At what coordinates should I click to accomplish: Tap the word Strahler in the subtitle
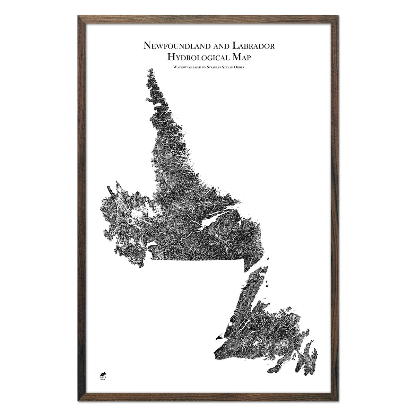click(215, 67)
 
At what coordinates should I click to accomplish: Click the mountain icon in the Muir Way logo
click(103, 373)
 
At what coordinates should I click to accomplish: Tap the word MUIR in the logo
click(103, 377)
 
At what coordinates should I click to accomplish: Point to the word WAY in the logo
click(103, 380)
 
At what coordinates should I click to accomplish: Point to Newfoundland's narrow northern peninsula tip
click(265, 269)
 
